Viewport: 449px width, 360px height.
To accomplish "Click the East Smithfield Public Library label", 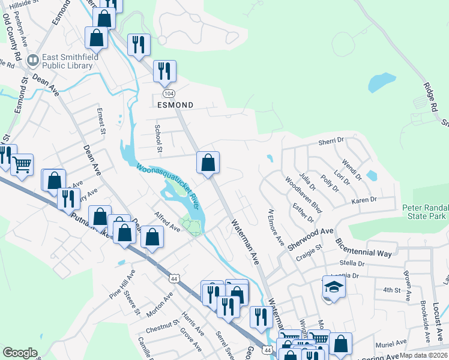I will tap(66, 62).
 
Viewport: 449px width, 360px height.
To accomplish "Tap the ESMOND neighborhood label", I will tap(175, 105).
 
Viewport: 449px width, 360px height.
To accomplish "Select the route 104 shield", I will tap(169, 94).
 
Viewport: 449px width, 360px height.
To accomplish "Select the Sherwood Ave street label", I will tap(310, 238).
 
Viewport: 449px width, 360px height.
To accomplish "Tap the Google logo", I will tap(20, 353).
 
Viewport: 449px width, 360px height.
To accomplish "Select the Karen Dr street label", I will tap(364, 200).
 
